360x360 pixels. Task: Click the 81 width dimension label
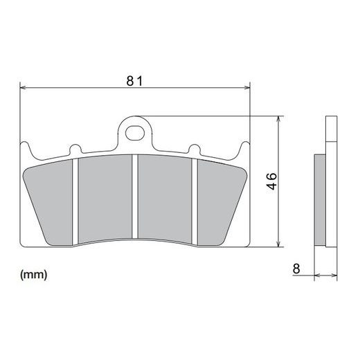coord(135,81)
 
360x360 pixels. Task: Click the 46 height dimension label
coord(272,181)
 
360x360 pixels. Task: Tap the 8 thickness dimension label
coord(296,269)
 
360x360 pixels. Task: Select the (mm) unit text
coord(34,275)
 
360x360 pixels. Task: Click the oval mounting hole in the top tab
coord(135,133)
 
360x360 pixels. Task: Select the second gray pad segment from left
coord(105,199)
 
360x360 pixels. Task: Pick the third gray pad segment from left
coord(165,199)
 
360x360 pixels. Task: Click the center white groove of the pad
coord(135,197)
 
